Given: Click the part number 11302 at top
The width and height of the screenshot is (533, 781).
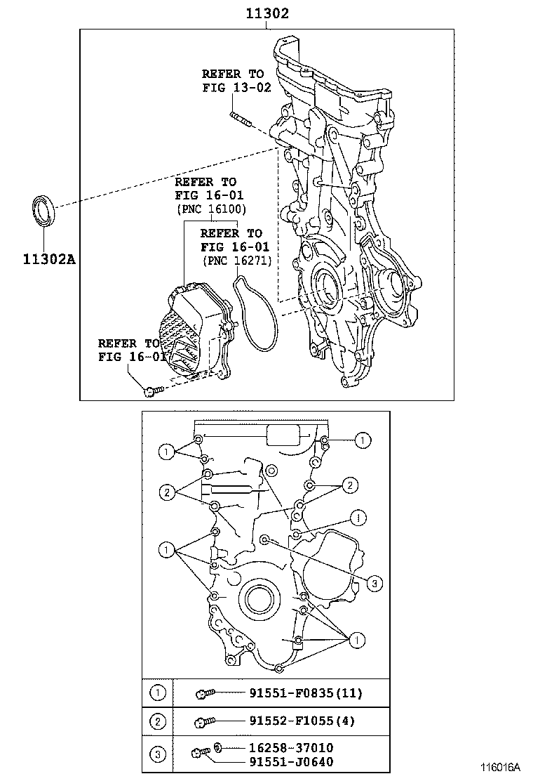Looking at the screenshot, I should (266, 13).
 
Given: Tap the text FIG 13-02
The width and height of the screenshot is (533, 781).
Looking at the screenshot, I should (236, 88).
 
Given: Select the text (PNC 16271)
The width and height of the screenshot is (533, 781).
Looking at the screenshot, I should (236, 261).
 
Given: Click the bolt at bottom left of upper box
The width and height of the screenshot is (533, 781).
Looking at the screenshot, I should (153, 390).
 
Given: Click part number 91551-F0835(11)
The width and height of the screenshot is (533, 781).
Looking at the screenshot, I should (305, 694).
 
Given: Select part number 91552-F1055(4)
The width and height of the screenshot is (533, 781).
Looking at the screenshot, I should (302, 721).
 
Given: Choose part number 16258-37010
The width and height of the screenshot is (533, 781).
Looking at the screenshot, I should (291, 748).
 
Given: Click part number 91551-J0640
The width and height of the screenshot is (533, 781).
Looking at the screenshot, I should (291, 761).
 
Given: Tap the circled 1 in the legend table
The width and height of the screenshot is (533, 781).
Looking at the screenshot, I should (158, 694).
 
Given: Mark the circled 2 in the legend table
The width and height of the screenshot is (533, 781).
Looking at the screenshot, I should (158, 721).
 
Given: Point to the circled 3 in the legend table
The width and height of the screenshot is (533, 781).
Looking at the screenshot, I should (158, 754).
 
